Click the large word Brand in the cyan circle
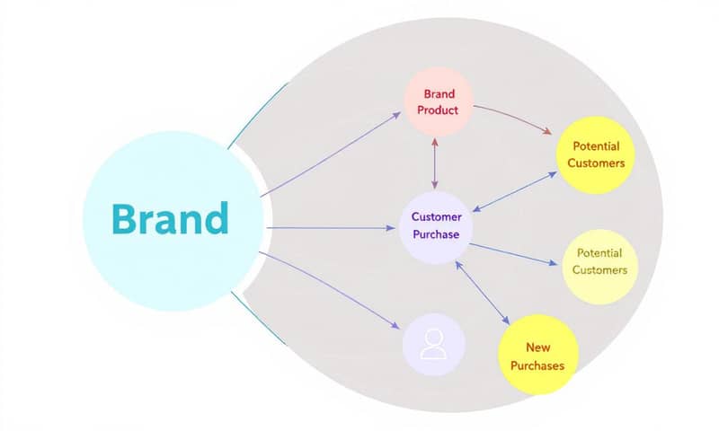click(x=171, y=219)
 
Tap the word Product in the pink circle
click(x=438, y=110)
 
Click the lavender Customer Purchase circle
click(x=436, y=226)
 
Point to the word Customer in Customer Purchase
click(x=436, y=217)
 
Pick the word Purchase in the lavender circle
click(x=436, y=235)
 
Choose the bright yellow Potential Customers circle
click(x=595, y=154)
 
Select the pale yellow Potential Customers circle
click(x=599, y=262)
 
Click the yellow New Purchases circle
click(x=537, y=355)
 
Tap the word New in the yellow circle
click(x=537, y=346)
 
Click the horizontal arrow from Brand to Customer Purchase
click(x=333, y=228)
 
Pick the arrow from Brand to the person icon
click(x=333, y=292)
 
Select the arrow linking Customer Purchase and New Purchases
click(x=484, y=293)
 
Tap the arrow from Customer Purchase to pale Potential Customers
click(x=512, y=254)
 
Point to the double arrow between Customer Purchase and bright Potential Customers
click(x=514, y=192)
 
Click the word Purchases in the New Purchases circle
click(x=537, y=365)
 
